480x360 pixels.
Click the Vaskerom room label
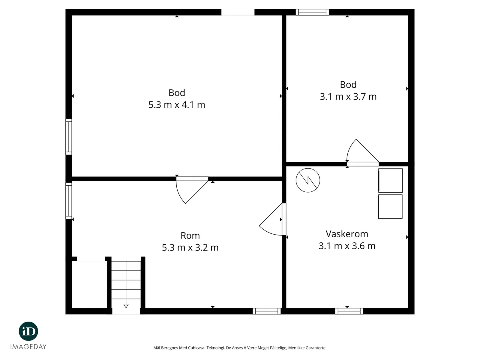click(x=347, y=234)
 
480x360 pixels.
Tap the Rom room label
click(x=190, y=235)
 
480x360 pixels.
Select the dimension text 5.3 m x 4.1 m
click(x=177, y=105)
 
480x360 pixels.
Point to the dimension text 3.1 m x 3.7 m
click(x=348, y=97)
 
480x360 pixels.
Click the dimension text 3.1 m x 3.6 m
click(x=347, y=246)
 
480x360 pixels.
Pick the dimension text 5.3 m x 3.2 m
click(x=190, y=247)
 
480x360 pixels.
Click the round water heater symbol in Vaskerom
click(x=308, y=180)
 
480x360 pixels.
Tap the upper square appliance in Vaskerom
click(x=390, y=181)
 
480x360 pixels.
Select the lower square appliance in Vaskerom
click(x=390, y=207)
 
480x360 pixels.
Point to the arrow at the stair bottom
click(x=126, y=306)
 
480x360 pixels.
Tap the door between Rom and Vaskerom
click(x=272, y=219)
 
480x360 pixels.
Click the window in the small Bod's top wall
click(x=312, y=12)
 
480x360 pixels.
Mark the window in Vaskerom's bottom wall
click(x=349, y=311)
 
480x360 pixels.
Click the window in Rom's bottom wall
click(x=267, y=311)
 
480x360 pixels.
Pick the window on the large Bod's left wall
click(x=69, y=137)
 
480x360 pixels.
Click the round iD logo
click(x=28, y=331)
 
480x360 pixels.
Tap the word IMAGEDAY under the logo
click(x=28, y=347)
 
